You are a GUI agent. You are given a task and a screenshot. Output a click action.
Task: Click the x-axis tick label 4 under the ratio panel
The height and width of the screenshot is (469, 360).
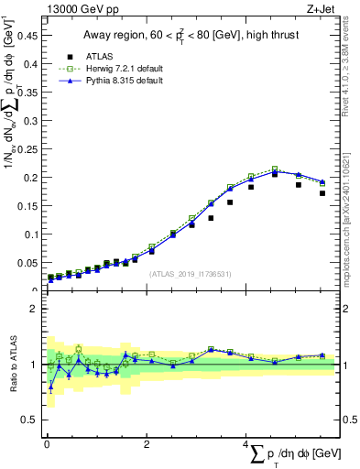(245, 443)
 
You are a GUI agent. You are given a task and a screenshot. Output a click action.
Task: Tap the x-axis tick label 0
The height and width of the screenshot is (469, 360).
(46, 443)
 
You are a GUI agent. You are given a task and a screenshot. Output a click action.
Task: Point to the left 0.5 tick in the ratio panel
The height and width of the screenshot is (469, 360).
(30, 420)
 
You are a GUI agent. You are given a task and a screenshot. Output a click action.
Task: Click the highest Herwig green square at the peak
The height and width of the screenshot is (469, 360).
(274, 169)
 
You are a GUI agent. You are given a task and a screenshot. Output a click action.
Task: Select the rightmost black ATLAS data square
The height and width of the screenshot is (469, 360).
(322, 193)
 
